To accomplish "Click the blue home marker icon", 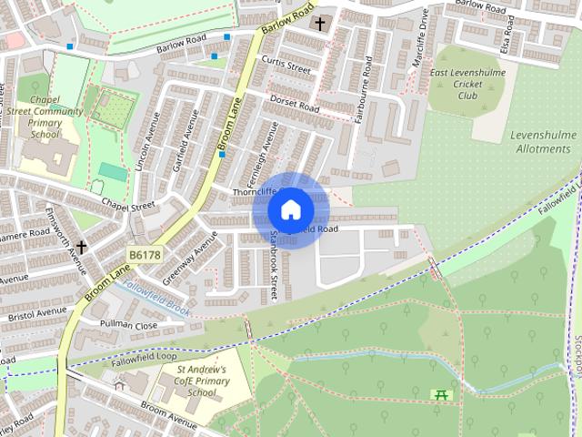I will click(x=290, y=209).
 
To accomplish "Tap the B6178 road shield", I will click(x=145, y=256).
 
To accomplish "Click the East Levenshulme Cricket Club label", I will click(x=468, y=83).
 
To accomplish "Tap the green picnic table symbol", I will click(x=441, y=394).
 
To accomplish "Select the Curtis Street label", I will click(x=286, y=66).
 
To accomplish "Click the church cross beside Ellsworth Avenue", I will click(x=81, y=247).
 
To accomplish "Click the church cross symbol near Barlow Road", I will click(x=319, y=22).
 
